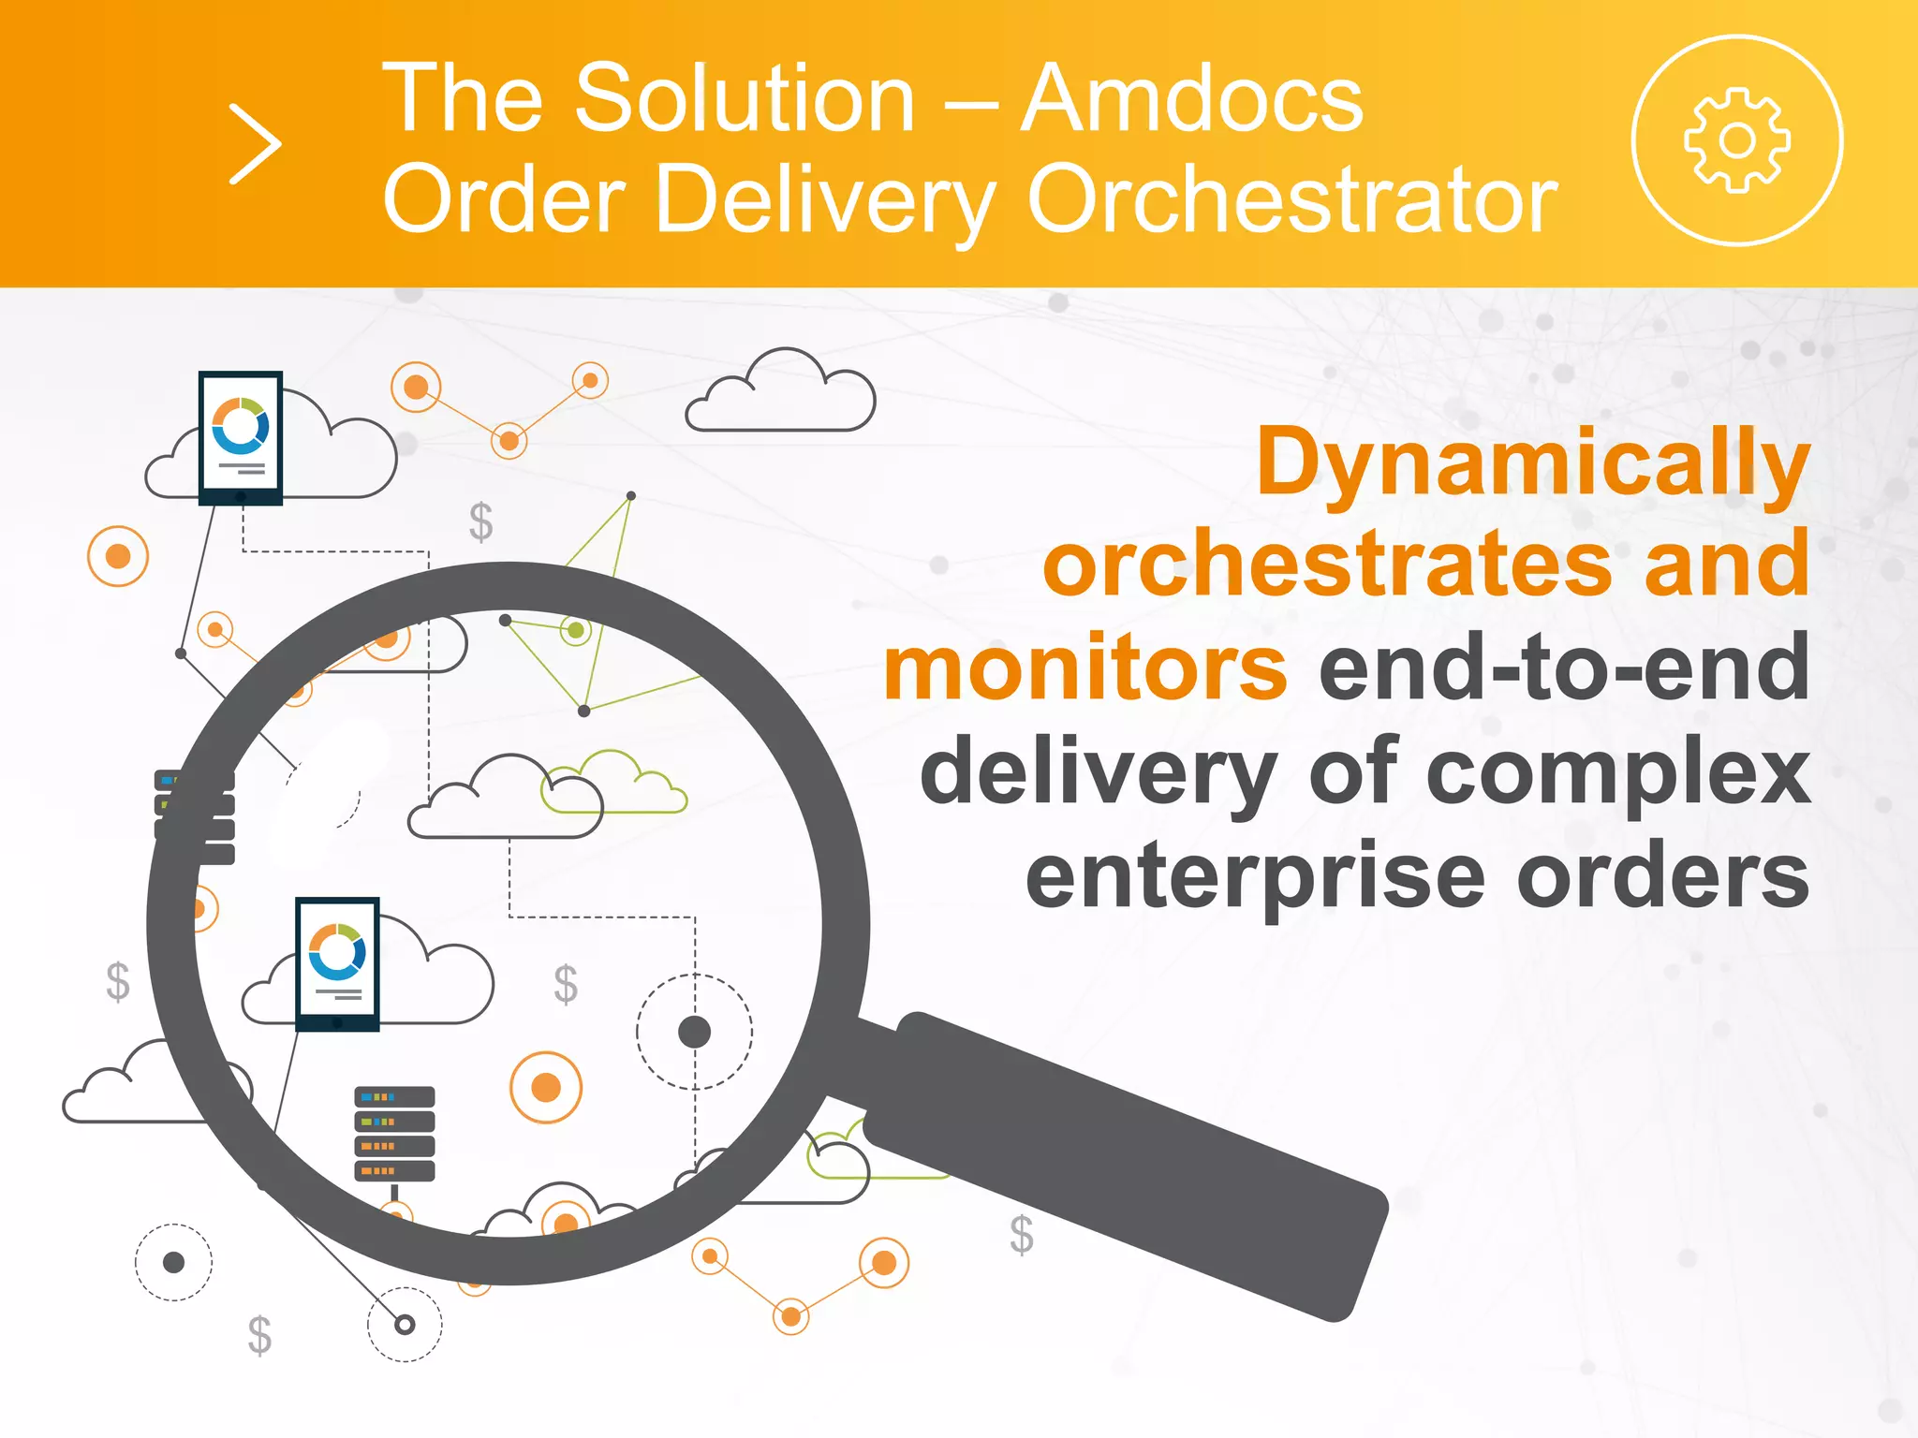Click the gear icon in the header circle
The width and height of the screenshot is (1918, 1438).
pos(1737,140)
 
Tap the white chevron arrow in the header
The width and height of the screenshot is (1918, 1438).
pos(255,144)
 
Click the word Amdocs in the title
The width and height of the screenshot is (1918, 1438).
pos(1191,98)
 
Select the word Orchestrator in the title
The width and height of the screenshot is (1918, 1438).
pos(1292,198)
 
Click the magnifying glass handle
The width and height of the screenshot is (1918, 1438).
pos(1124,1161)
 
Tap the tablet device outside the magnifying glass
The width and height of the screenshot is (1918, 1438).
pos(241,437)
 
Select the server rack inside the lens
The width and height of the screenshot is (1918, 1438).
pos(394,1134)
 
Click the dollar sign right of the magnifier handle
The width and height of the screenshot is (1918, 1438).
pos(1022,1235)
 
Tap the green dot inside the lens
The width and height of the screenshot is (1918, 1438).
pos(576,630)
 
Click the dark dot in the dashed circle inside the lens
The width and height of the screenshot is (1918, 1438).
pos(694,1032)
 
